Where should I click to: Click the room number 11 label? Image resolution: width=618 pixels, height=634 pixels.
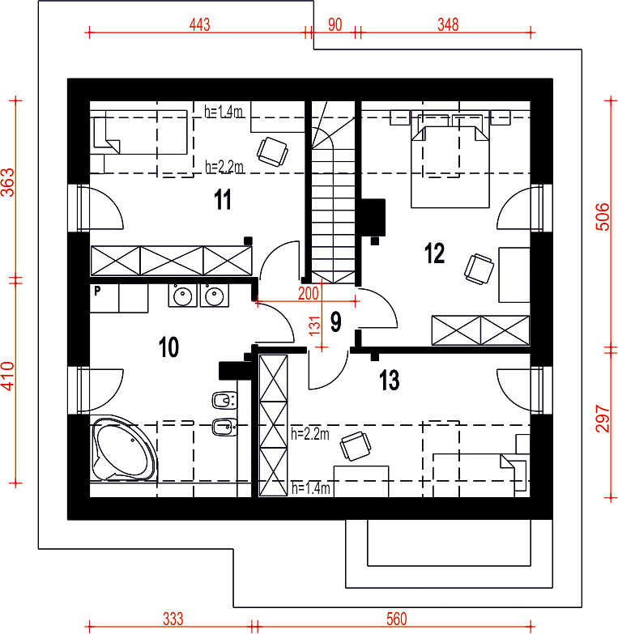[223, 199]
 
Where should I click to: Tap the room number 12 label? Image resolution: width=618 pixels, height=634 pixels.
[434, 253]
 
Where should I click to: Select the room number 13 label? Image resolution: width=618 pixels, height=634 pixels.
[389, 380]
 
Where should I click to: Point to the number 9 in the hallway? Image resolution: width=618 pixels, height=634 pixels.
[335, 321]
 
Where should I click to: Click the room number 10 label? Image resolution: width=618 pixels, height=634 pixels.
[168, 347]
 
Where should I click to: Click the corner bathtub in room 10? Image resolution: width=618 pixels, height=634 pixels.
[124, 448]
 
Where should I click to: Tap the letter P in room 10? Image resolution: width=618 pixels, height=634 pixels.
[97, 291]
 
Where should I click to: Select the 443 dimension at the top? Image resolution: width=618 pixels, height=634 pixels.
[200, 24]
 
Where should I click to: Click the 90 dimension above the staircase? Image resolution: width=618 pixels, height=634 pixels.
[335, 24]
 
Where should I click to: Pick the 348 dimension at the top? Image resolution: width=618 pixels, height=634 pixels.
[448, 24]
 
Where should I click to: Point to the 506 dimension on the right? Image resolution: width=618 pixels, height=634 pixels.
[603, 217]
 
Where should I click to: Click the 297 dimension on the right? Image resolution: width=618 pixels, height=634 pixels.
[603, 419]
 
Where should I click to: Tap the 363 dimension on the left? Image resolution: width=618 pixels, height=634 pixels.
[8, 182]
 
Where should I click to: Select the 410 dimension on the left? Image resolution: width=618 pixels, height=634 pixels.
[8, 376]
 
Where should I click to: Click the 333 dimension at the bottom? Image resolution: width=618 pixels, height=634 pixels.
[173, 619]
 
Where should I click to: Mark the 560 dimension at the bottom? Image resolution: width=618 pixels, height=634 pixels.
[396, 619]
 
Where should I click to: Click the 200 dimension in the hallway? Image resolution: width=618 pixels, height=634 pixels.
[309, 294]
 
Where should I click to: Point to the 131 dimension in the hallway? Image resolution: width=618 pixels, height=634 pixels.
[314, 326]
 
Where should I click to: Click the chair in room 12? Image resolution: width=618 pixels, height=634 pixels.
[479, 269]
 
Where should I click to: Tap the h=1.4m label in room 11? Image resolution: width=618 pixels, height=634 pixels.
[224, 111]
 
